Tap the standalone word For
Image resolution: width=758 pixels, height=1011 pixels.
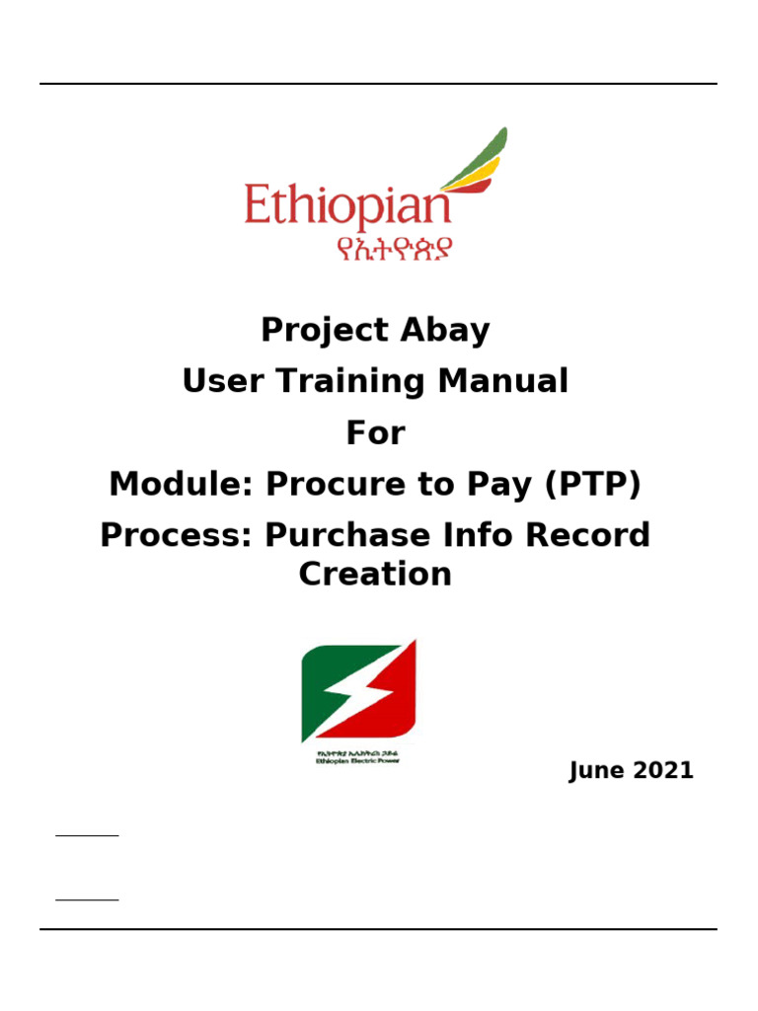(375, 433)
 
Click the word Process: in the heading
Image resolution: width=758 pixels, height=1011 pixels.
(173, 536)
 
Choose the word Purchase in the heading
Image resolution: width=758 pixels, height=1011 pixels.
(341, 536)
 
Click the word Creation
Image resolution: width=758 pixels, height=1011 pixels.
(375, 575)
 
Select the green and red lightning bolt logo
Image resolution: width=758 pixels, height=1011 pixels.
(358, 691)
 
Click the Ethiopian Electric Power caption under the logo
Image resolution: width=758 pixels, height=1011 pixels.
(358, 761)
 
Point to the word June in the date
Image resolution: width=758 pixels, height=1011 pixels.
(594, 771)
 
